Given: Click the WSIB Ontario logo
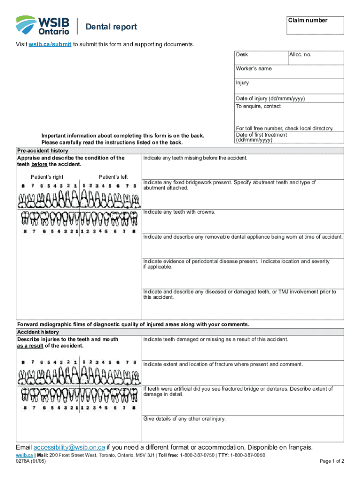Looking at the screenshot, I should pyautogui.click(x=43, y=25).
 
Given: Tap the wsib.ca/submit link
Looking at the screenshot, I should pyautogui.click(x=50, y=44).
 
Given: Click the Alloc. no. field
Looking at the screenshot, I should pyautogui.click(x=316, y=58).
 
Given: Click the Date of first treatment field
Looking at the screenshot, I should pyautogui.click(x=289, y=138).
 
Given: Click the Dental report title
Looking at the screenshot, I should pyautogui.click(x=111, y=27).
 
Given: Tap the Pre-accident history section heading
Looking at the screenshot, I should pyautogui.click(x=43, y=151).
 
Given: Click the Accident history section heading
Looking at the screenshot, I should pyautogui.click(x=38, y=332).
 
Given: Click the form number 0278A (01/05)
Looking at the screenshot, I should pyautogui.click(x=31, y=461).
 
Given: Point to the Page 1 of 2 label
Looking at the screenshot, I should pyautogui.click(x=332, y=461).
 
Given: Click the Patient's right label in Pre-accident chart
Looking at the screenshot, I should pyautogui.click(x=47, y=177).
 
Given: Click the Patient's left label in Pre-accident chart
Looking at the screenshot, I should pyautogui.click(x=113, y=177).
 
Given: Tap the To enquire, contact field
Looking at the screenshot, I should pyautogui.click(x=289, y=114).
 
